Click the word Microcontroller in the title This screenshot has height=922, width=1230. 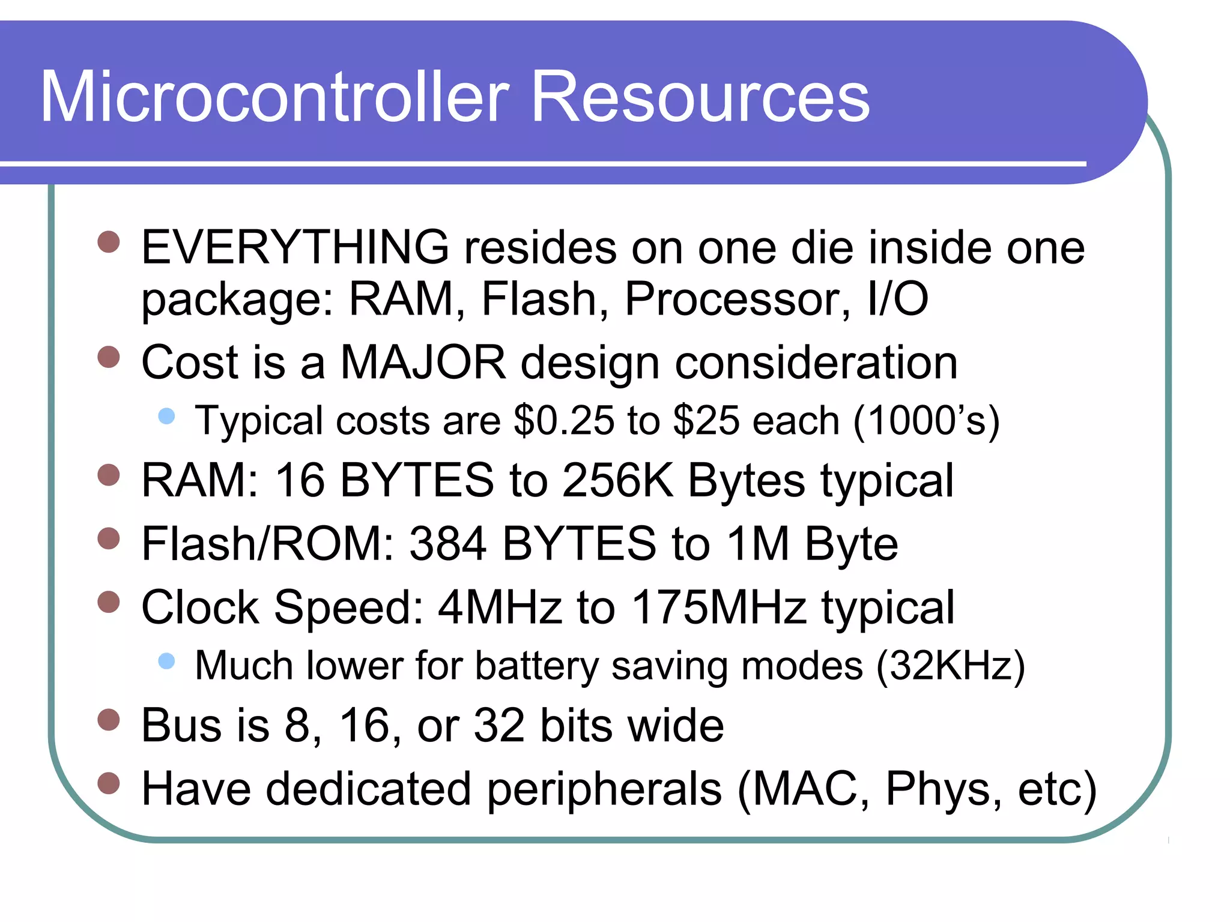coord(274,97)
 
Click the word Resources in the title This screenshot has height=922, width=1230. coord(700,97)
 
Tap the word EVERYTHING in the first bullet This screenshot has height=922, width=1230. coord(295,247)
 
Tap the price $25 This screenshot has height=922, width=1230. coord(706,420)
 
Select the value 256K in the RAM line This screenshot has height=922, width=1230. coord(618,480)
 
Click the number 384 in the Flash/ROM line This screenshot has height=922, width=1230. coord(447,544)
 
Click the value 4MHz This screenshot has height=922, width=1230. coord(500,607)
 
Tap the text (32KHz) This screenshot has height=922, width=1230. coord(950,666)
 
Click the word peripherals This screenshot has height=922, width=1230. coord(604,789)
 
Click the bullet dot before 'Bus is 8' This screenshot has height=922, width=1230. coord(109,719)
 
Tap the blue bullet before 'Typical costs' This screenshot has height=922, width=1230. coord(166,416)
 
